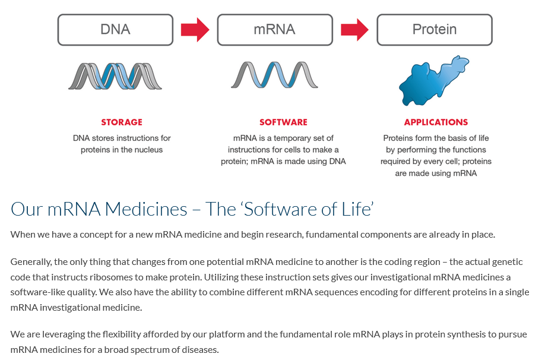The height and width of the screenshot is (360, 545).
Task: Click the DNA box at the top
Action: (115, 30)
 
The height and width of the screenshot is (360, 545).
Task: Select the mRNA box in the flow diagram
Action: (275, 30)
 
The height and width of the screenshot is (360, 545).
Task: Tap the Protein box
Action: (435, 30)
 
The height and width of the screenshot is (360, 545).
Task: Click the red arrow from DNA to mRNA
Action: (195, 30)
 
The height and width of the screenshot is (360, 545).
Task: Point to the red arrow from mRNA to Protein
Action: (354, 30)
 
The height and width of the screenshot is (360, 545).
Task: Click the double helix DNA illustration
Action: (115, 76)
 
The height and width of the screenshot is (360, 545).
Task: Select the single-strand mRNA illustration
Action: (274, 75)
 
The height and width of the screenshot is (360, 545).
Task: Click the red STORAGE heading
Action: (122, 122)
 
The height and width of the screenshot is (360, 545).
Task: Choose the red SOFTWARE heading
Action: (283, 122)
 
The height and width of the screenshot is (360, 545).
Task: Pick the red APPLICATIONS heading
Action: (436, 122)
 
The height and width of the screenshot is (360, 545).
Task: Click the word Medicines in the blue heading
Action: (146, 209)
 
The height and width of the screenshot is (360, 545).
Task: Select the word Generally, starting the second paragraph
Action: (31, 262)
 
